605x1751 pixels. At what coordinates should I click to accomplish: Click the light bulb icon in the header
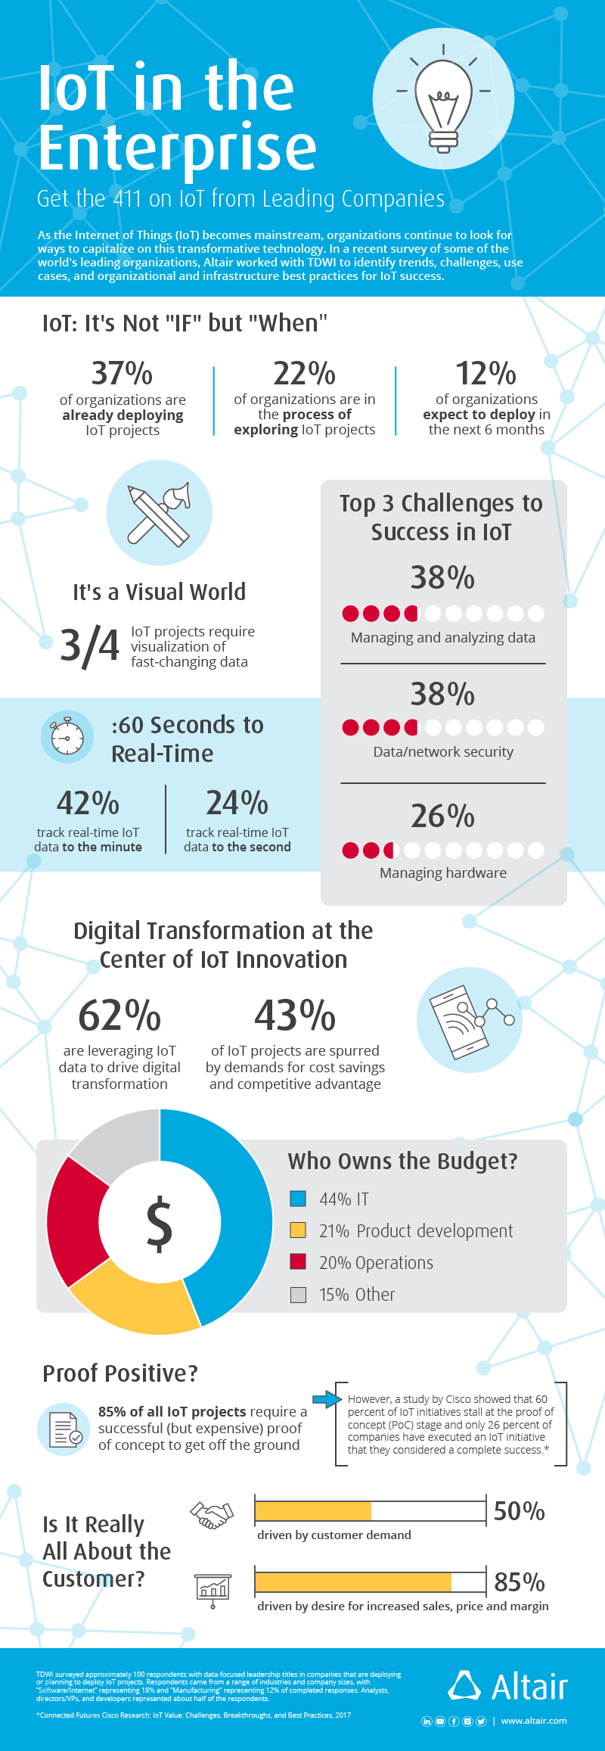click(x=444, y=105)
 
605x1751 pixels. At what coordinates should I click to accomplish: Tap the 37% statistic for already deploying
click(x=122, y=373)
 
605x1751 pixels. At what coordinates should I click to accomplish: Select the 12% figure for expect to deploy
click(x=486, y=373)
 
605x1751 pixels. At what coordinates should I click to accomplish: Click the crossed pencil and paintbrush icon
click(x=160, y=513)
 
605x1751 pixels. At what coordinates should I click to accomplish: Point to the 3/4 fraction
click(x=89, y=646)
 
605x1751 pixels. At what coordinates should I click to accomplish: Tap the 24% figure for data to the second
click(x=237, y=803)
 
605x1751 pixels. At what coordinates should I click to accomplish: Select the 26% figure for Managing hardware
click(x=443, y=816)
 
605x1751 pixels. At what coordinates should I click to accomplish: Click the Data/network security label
click(x=443, y=752)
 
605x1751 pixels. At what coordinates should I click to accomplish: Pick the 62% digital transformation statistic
click(x=119, y=1015)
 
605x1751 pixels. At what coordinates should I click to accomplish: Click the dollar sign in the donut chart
click(x=160, y=1223)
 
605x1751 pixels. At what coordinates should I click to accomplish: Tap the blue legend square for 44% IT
click(x=298, y=1199)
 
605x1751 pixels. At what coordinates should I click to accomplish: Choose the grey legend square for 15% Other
click(x=298, y=1295)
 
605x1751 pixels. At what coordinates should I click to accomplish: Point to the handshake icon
click(x=212, y=1515)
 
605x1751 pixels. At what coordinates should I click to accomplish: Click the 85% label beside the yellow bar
click(x=520, y=1582)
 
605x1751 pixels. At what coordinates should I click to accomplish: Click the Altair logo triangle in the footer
click(x=464, y=1685)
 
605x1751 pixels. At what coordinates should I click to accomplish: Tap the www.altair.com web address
click(x=534, y=1721)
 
